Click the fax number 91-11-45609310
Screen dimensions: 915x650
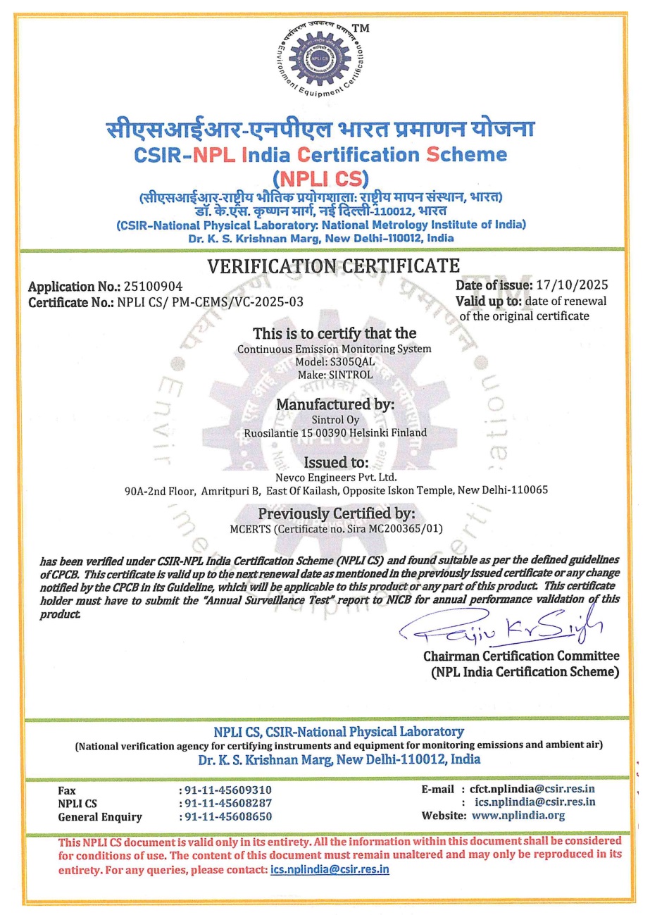click(x=227, y=790)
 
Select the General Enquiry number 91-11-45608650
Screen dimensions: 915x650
click(x=227, y=817)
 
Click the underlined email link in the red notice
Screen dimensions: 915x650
click(x=330, y=870)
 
